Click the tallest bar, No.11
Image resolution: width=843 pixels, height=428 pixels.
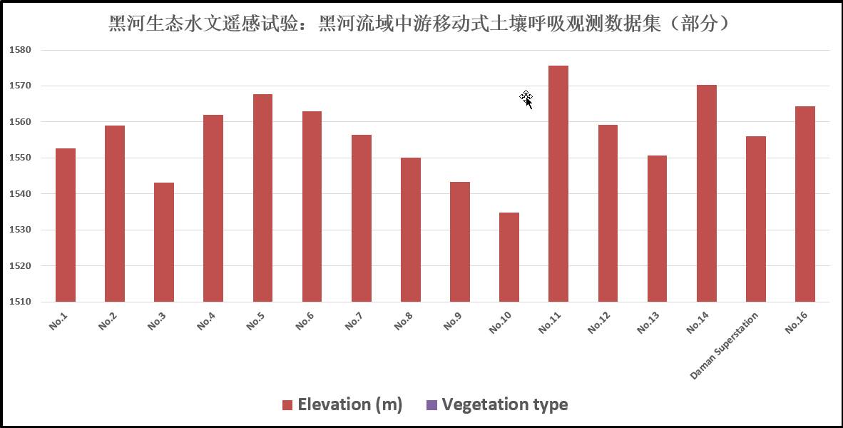point(558,183)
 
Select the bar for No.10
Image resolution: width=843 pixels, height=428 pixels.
point(509,257)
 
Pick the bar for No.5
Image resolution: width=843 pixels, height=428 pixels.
point(262,198)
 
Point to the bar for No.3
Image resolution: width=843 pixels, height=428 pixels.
point(164,242)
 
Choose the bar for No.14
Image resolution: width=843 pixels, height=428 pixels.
point(706,193)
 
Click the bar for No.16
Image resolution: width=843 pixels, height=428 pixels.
point(804,204)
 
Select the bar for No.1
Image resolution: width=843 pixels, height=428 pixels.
point(66,225)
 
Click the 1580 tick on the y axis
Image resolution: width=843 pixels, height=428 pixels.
point(21,50)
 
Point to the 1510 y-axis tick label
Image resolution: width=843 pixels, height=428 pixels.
point(21,302)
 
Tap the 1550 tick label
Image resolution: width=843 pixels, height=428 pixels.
point(21,158)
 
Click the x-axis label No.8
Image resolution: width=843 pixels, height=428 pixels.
point(403,323)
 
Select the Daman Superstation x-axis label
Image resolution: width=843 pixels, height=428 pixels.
point(723,345)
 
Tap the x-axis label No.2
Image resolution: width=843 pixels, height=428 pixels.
point(107,323)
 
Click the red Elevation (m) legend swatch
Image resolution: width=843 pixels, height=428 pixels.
point(287,405)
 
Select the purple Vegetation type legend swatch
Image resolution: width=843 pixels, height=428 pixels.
point(431,405)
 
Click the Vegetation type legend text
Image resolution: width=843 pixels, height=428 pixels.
point(504,404)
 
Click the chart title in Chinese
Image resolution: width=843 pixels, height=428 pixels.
point(421,24)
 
